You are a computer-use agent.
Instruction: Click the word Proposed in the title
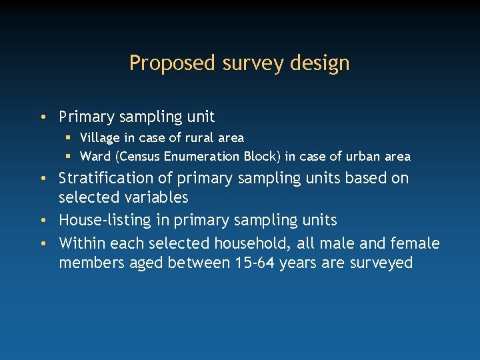163,63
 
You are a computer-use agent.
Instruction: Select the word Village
99,138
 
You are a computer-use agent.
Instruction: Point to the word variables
157,198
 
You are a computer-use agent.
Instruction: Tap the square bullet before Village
69,139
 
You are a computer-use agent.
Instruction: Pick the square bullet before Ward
69,157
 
